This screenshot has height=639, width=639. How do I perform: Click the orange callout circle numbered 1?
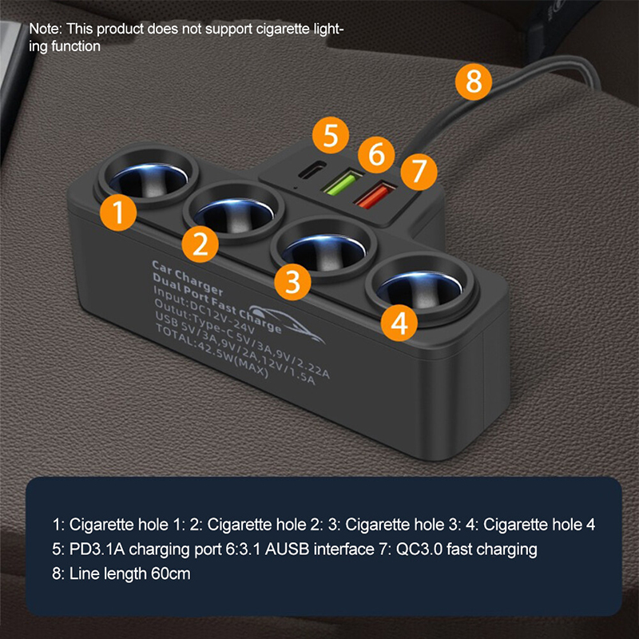118,214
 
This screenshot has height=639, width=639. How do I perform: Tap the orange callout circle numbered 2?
199,244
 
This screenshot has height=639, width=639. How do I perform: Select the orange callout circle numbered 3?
293,280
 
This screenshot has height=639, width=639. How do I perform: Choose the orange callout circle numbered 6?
376,153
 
